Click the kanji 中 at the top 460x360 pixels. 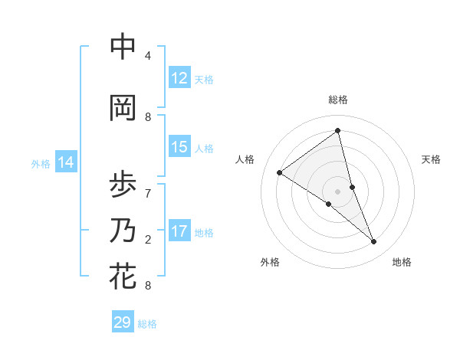point(123,47)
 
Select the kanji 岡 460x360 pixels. point(123,107)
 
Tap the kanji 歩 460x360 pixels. point(123,185)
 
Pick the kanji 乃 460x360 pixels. point(123,231)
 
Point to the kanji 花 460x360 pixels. point(123,277)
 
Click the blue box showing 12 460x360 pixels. point(179,78)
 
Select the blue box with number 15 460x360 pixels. point(179,148)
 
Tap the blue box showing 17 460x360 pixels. point(179,232)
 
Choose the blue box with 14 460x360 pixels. point(66,162)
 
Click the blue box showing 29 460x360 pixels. point(123,322)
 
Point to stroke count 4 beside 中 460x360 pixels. point(148,56)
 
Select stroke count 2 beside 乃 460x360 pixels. point(148,240)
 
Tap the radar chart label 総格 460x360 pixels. point(338,100)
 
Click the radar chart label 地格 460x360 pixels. point(402,262)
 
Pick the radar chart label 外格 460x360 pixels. point(270,262)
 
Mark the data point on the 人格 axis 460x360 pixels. point(279,172)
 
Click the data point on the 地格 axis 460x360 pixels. point(374,242)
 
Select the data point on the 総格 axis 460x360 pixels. point(338,130)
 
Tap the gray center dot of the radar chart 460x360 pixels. point(338,191)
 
